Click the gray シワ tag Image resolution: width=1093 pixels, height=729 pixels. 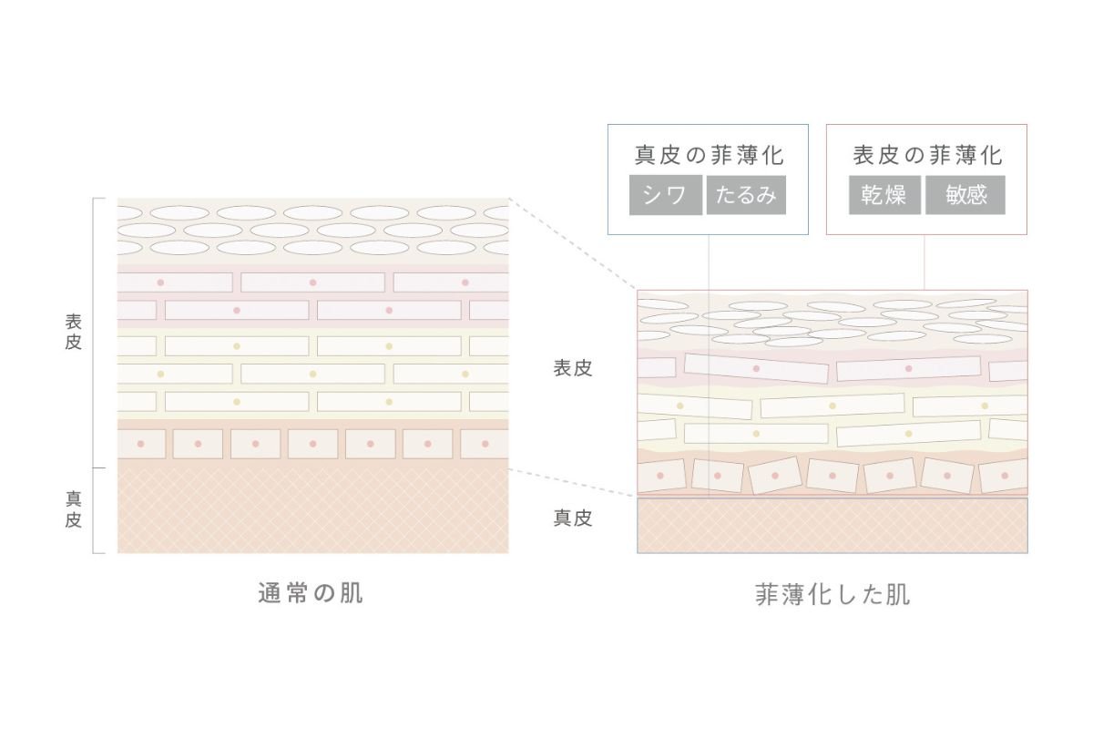(665, 196)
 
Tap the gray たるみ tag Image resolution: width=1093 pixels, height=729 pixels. (745, 196)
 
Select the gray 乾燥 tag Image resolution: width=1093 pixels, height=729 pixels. (884, 196)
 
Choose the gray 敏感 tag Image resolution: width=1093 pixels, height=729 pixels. (965, 196)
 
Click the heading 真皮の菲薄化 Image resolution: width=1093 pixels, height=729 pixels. (709, 155)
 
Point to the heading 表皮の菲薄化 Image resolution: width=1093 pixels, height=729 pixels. (927, 155)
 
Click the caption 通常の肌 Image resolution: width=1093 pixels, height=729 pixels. (311, 593)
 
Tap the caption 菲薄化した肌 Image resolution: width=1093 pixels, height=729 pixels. (833, 595)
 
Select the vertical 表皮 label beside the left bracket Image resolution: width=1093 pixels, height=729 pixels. (74, 333)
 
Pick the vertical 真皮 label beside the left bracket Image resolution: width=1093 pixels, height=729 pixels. (74, 509)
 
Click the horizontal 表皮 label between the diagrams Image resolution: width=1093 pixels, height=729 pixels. (573, 368)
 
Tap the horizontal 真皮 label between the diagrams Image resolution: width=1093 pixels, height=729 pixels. (573, 518)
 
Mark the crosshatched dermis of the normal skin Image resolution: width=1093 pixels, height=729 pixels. (312, 510)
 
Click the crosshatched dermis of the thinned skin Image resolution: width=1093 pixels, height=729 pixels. (832, 526)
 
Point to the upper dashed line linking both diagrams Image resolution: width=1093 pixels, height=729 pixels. (572, 243)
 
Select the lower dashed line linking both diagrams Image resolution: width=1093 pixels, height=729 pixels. (572, 483)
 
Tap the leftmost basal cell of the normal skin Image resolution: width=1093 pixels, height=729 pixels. (141, 444)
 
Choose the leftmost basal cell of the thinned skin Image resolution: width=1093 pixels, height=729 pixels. (661, 476)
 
